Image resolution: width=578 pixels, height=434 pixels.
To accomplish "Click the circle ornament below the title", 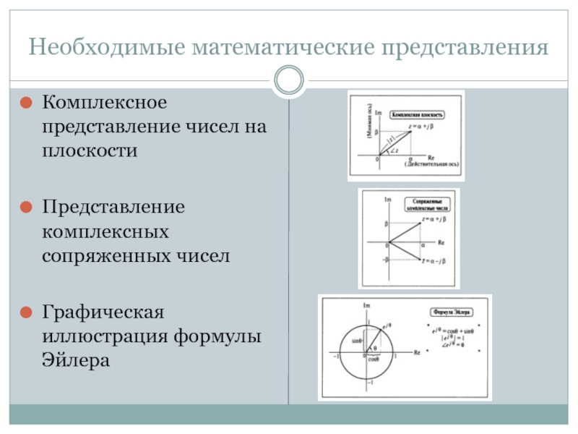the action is point(289,80).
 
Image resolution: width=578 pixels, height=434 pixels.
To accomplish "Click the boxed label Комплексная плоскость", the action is point(417,114).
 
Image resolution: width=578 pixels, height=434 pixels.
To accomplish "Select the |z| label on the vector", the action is point(390,138).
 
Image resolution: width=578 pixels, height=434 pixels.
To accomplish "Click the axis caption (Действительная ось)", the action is point(431,165).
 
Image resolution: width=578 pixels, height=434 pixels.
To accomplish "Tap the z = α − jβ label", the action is point(433,261).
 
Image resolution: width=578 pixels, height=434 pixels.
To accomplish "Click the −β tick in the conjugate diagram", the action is point(384,259).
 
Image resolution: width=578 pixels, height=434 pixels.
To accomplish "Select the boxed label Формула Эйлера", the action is point(450,312).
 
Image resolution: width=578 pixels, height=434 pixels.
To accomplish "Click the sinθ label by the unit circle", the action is point(355,339).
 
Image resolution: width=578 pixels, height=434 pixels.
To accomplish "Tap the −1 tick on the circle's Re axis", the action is point(335,357).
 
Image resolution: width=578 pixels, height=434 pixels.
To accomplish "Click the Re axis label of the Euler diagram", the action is point(416,352).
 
